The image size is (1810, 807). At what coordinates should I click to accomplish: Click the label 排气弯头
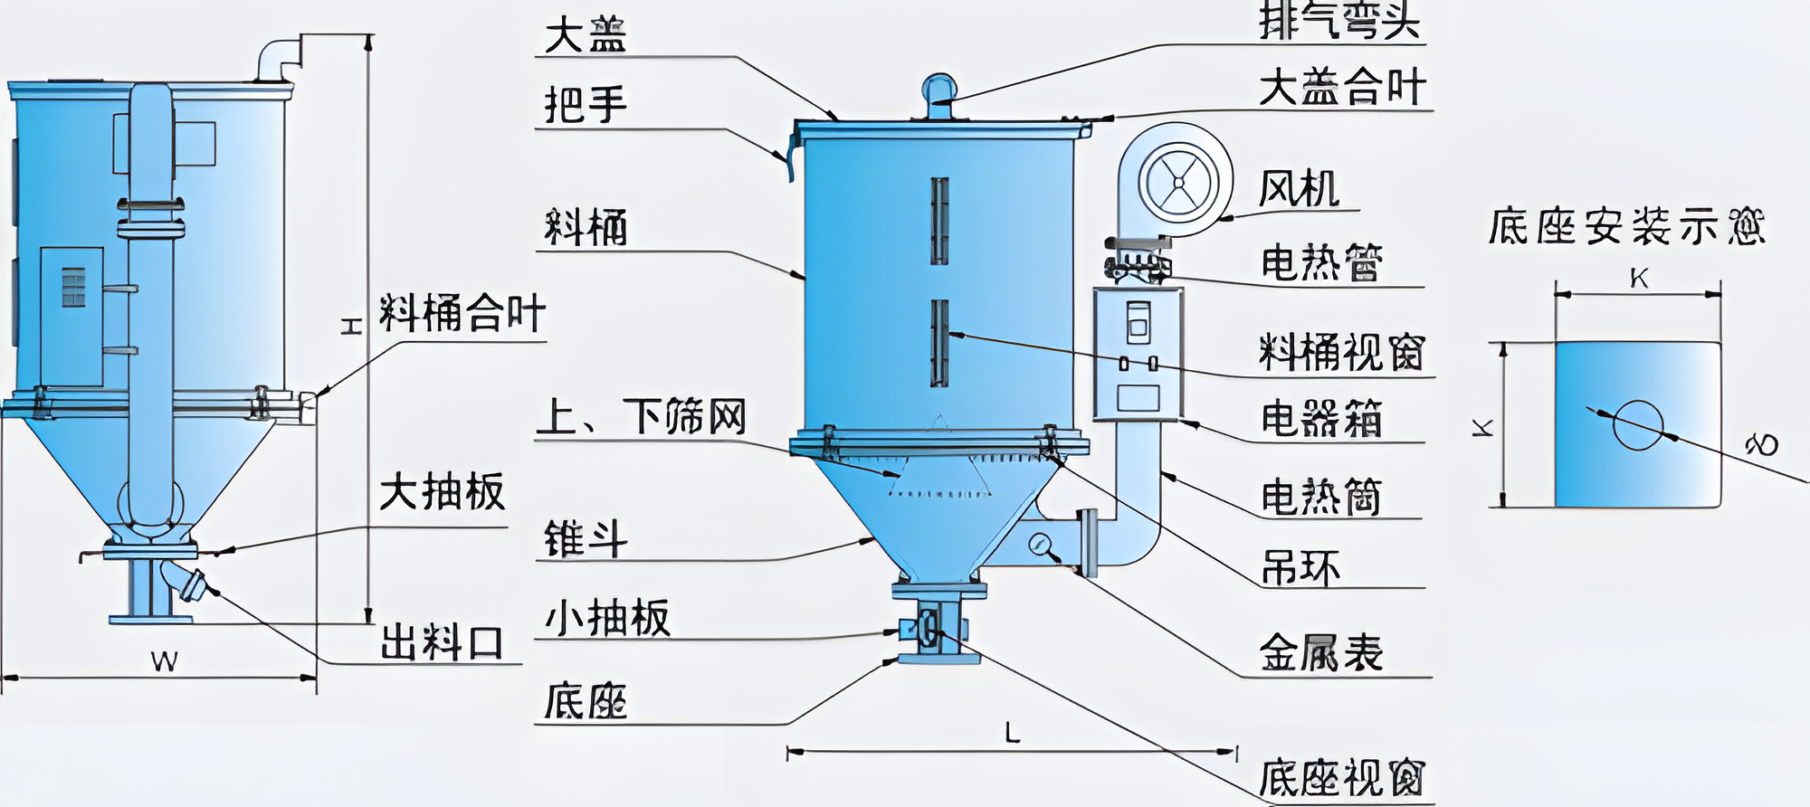tap(1339, 20)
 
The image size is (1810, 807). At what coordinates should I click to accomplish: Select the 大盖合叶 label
tap(1341, 88)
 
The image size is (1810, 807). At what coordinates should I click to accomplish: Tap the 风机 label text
tap(1299, 189)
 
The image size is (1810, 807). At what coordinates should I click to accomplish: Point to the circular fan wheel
tap(1177, 182)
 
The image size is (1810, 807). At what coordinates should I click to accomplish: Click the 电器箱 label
tap(1321, 419)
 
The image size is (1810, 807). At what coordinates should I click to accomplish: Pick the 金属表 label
tap(1321, 652)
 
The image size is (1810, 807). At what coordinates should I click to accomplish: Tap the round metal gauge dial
tap(1039, 544)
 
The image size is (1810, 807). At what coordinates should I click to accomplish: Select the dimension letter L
tap(1013, 732)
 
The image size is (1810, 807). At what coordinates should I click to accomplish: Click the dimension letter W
tap(164, 662)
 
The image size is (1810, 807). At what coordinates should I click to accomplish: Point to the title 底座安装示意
tap(1626, 226)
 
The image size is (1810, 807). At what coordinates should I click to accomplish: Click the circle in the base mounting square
tap(1638, 424)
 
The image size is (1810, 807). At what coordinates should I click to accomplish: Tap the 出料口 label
tap(442, 642)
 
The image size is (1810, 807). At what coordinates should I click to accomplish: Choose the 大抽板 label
tap(442, 492)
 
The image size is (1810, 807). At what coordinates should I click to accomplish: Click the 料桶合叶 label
tap(462, 314)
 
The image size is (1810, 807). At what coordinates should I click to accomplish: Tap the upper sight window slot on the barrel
tap(939, 221)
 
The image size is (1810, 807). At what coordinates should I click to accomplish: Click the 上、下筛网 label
tap(641, 417)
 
